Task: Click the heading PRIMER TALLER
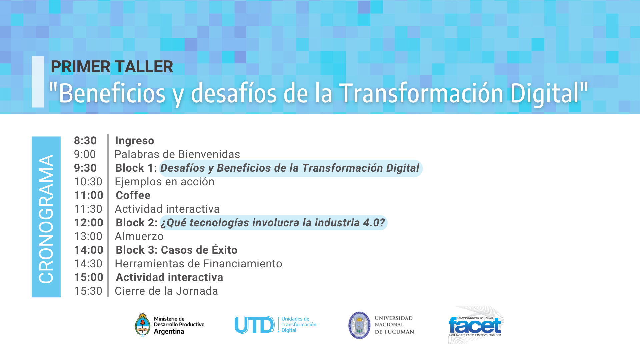coord(112,67)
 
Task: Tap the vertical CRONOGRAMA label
coord(46,219)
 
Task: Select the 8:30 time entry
coord(85,141)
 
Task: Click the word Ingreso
coord(135,141)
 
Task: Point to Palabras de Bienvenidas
coord(177,154)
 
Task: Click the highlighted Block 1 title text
coord(290,168)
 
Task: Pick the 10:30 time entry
coord(88,182)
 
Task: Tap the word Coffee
coord(133,195)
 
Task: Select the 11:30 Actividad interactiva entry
coord(167,209)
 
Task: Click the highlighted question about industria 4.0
coord(273,223)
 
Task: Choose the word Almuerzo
coord(139,236)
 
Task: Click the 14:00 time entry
coord(89,250)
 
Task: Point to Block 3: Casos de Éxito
coord(177,250)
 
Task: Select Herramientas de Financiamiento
coord(198,264)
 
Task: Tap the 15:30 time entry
coord(88,291)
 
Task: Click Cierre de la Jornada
coord(166,291)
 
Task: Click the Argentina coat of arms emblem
coord(143,325)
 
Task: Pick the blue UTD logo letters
coord(254,325)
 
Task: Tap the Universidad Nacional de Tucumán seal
coord(359,325)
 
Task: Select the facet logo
coord(475,325)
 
